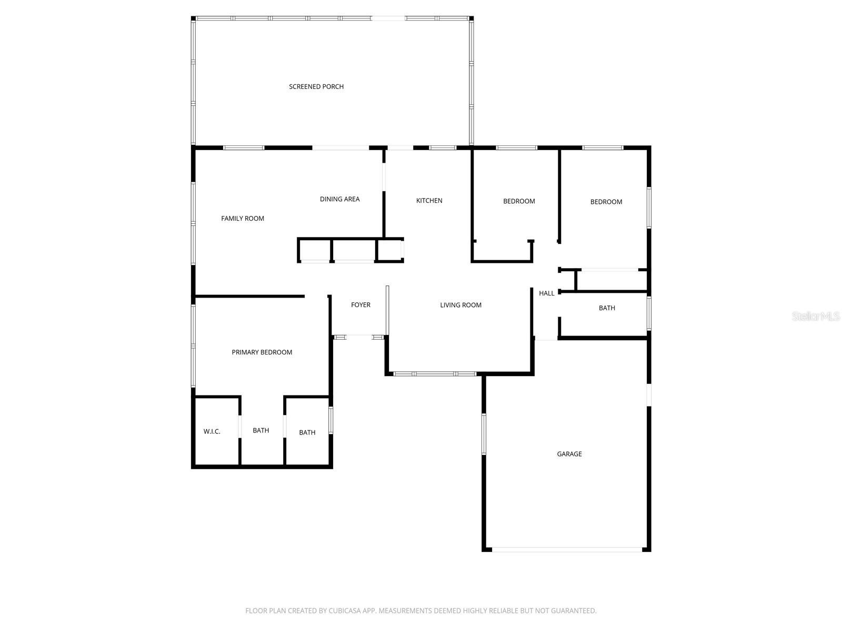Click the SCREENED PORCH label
pos(316,87)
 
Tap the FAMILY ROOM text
pos(243,219)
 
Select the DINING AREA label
pos(339,199)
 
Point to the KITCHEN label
pos(429,201)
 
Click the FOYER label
pos(360,305)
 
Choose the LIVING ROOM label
pos(460,305)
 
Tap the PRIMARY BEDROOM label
pos(262,352)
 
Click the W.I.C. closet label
pos(212,432)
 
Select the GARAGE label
pos(569,454)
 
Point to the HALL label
pos(546,293)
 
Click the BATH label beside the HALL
pos(607,308)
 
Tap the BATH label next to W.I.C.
pos(260,431)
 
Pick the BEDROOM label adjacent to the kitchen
pos(519,201)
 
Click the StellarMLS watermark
pos(815,317)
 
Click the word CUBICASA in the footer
pos(344,611)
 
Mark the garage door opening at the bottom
pos(567,549)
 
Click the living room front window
pos(435,374)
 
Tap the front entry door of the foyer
pos(359,337)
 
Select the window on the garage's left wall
pos(484,434)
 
